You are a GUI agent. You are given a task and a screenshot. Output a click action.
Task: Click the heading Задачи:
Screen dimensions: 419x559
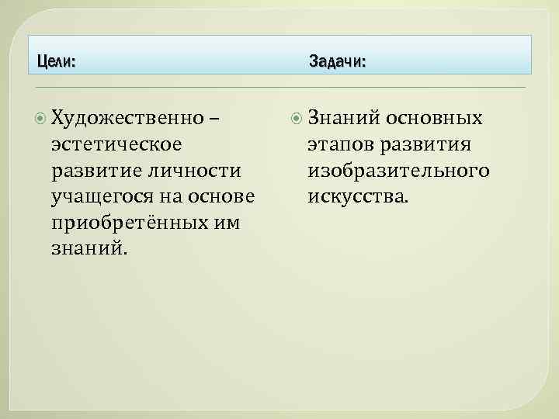click(x=337, y=61)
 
